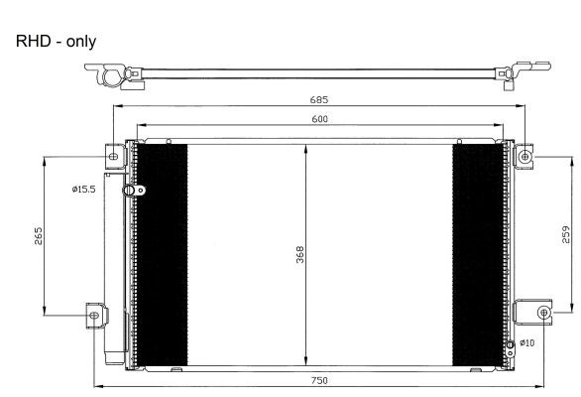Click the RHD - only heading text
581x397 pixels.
click(x=56, y=41)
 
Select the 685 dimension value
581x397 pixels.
click(x=319, y=100)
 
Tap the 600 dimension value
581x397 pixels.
click(x=319, y=119)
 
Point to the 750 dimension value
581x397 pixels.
click(x=319, y=380)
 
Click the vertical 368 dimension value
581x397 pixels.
click(x=300, y=254)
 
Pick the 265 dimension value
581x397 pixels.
click(x=38, y=236)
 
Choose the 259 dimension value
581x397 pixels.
click(x=566, y=234)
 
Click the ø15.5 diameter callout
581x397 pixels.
click(x=83, y=190)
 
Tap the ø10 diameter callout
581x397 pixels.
click(x=526, y=342)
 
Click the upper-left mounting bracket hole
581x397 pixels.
click(x=114, y=157)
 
